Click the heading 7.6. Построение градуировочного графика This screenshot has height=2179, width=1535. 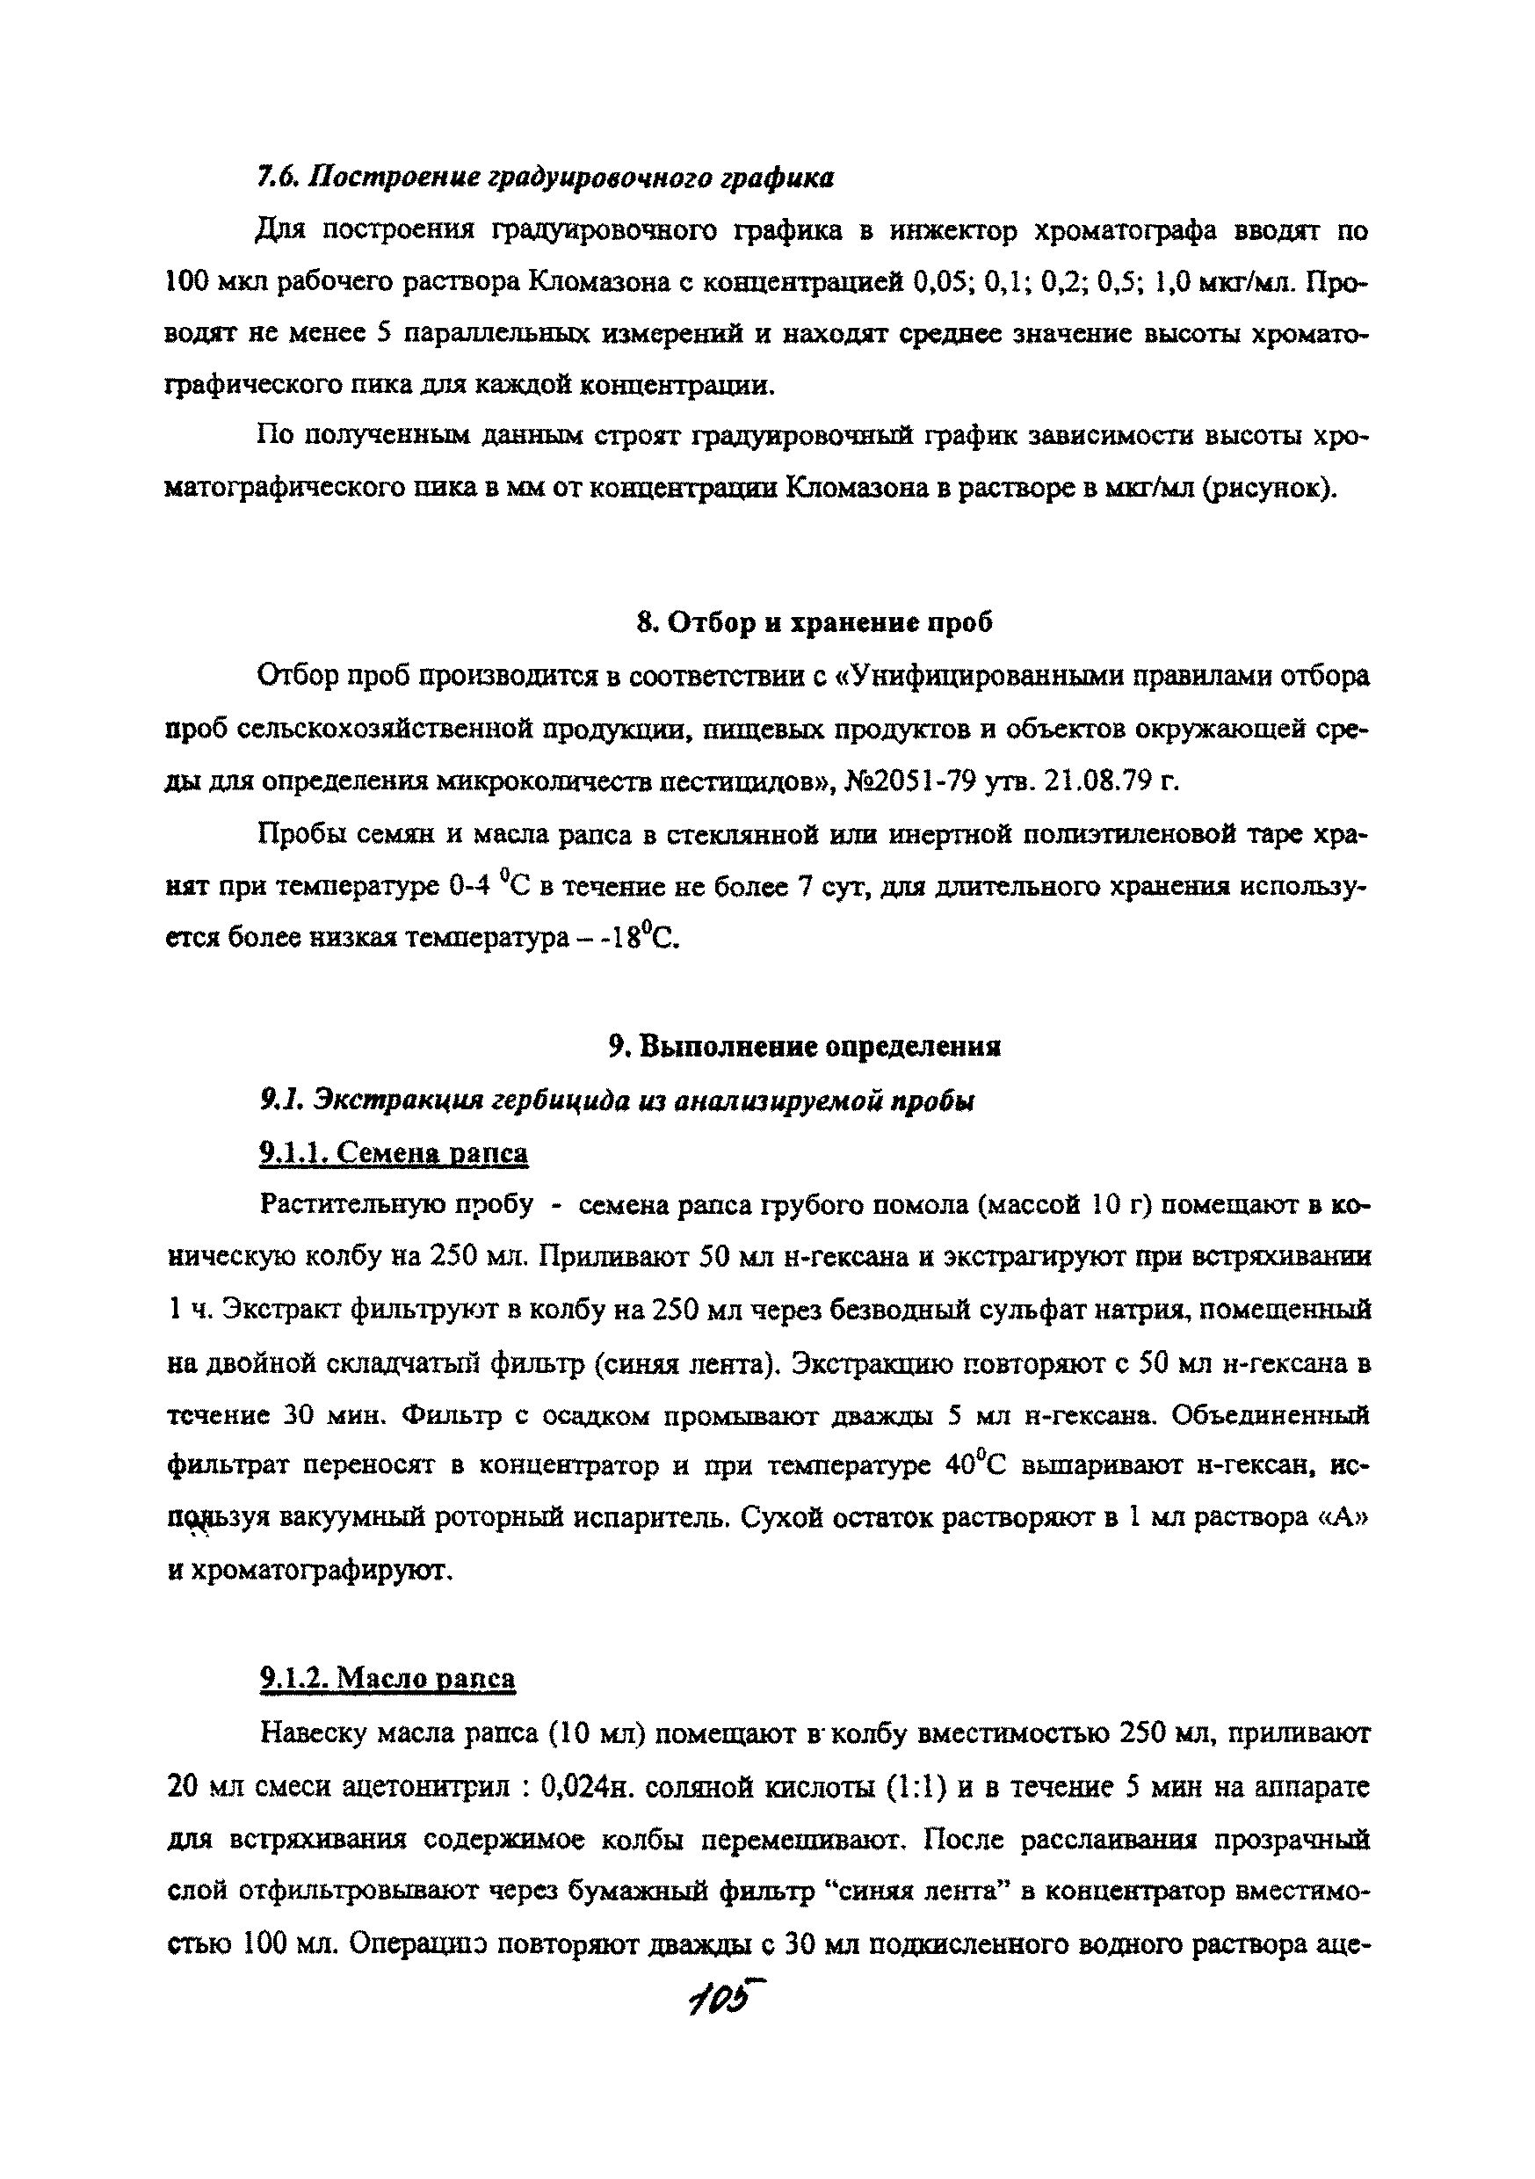pos(546,178)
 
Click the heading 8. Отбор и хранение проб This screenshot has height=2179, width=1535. pos(815,622)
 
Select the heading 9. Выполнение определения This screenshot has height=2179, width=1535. pos(805,1047)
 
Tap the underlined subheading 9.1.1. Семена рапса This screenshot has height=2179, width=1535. pos(394,1153)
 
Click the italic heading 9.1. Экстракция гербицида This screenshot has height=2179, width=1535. pos(617,1100)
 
